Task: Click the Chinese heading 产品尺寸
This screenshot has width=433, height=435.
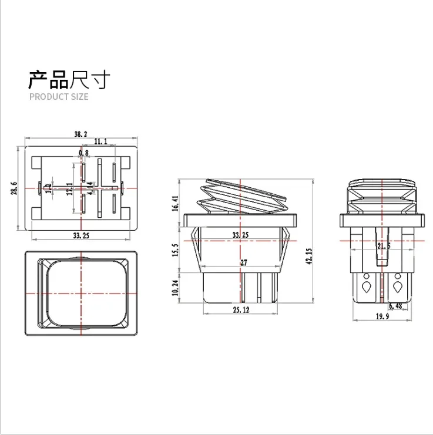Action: (69, 79)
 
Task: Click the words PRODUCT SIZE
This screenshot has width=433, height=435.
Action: (59, 96)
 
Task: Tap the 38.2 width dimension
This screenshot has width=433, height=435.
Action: (81, 134)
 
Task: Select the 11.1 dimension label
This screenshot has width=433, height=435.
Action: (100, 141)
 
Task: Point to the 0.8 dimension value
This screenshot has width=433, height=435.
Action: (83, 153)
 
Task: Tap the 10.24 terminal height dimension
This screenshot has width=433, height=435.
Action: (175, 288)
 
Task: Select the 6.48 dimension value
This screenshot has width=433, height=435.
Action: (395, 305)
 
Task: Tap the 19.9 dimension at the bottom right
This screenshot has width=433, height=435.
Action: (382, 318)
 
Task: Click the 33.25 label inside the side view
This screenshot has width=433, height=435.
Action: (240, 235)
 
